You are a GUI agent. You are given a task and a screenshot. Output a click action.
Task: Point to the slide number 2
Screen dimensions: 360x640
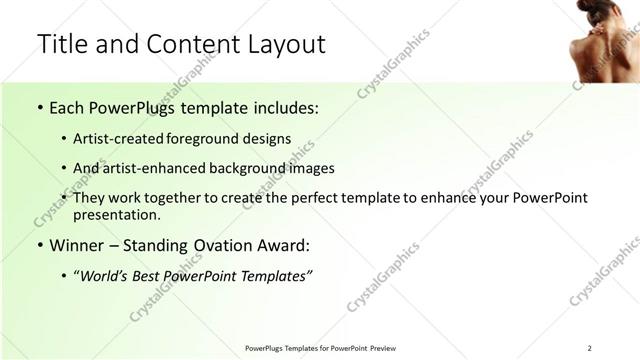(x=590, y=347)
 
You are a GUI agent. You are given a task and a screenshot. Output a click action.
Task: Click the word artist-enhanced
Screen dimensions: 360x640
(x=147, y=168)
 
